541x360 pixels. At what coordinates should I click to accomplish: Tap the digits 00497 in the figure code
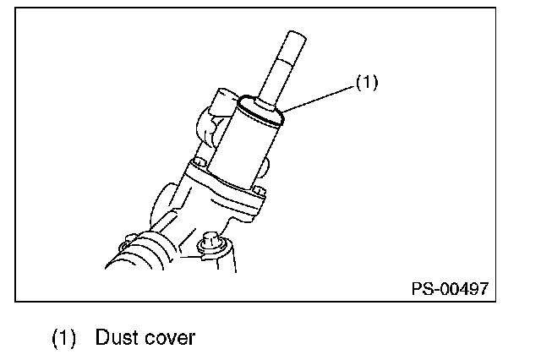coord(463,287)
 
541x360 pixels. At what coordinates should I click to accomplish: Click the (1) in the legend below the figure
coord(64,339)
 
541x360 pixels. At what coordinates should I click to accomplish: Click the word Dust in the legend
coord(113,338)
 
